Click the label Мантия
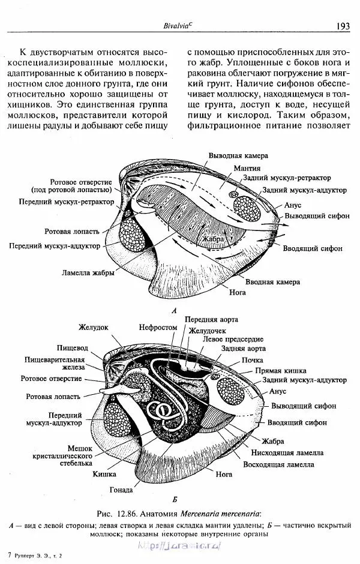247,168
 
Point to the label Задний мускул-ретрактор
292,179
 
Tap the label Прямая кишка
281,371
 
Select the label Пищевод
73,347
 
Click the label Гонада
122,489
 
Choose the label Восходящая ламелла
278,464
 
